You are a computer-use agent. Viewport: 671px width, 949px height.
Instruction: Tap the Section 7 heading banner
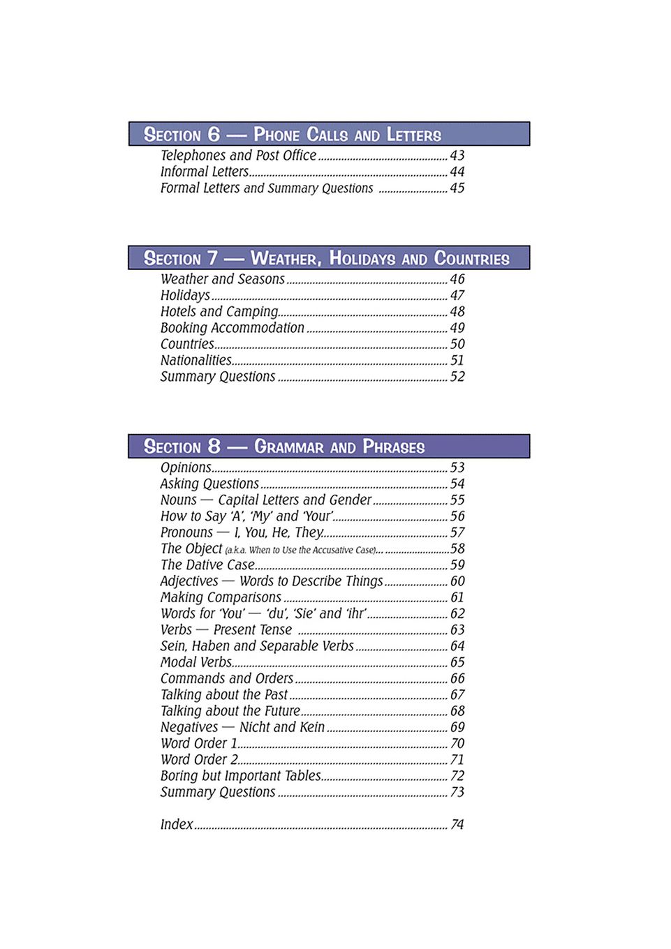click(328, 257)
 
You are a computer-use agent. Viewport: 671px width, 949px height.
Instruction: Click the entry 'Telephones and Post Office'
click(238, 156)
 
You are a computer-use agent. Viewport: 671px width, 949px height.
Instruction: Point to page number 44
click(457, 172)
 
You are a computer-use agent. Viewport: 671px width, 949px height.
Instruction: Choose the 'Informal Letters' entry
click(204, 172)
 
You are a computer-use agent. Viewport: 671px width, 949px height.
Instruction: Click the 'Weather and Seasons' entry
click(222, 279)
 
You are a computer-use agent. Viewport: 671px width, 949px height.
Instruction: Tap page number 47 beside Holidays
click(457, 295)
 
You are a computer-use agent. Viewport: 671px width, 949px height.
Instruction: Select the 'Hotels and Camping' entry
click(219, 311)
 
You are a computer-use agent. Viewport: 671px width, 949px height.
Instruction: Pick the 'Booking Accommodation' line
click(232, 328)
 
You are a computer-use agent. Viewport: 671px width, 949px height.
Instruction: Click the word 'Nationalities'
click(196, 360)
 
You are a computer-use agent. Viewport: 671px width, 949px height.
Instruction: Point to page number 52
click(457, 377)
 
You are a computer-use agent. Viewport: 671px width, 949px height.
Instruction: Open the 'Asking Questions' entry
click(209, 484)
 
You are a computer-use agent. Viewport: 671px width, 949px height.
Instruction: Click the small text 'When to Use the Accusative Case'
click(304, 550)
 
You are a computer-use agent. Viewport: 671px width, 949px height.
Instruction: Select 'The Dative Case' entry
click(207, 565)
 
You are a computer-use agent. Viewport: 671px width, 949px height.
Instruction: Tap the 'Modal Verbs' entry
click(196, 662)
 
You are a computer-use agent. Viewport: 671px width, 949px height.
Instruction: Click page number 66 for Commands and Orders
click(457, 678)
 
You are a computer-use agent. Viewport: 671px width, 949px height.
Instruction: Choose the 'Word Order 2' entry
click(199, 759)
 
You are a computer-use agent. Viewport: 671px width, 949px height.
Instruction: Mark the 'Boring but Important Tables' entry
click(240, 776)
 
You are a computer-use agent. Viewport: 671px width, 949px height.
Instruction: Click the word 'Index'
click(176, 824)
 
